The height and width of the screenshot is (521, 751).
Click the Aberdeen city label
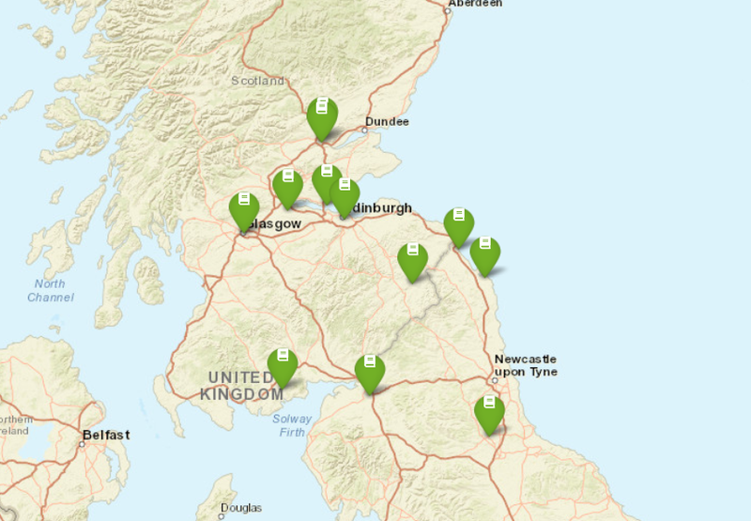pos(475,4)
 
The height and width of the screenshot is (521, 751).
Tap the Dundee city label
pos(387,122)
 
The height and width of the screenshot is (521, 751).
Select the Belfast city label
pos(105,435)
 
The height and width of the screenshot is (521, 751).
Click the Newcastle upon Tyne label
pos(525,365)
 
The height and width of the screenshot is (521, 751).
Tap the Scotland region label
pos(257,81)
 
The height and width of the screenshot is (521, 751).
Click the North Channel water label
pos(50,290)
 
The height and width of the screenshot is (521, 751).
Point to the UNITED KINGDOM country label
pos(241,385)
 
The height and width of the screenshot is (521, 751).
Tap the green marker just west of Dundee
pos(322,115)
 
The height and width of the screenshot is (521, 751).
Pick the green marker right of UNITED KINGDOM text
pos(282,365)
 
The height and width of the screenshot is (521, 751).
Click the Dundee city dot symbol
pos(364,130)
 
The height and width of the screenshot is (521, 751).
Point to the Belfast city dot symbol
pos(82,443)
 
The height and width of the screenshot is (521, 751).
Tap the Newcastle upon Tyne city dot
pos(494,380)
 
